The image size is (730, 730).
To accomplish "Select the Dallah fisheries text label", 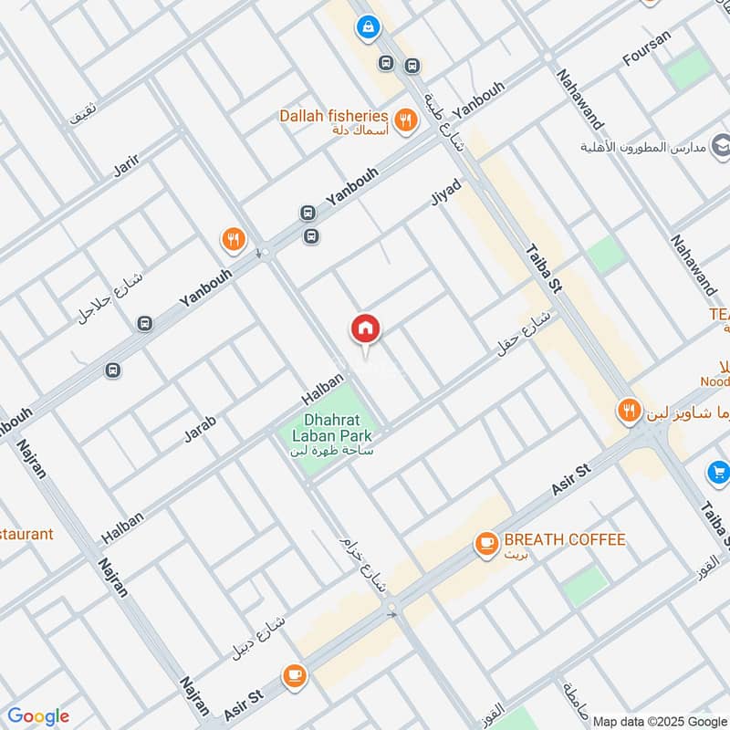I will (x=334, y=117).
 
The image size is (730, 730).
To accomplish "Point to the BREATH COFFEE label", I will (x=565, y=539).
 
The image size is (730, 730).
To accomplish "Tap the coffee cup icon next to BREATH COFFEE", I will (x=485, y=544).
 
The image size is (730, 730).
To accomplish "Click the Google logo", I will (x=38, y=716).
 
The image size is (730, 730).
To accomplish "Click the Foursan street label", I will (x=646, y=48).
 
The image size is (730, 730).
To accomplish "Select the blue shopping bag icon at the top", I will (x=368, y=27).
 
